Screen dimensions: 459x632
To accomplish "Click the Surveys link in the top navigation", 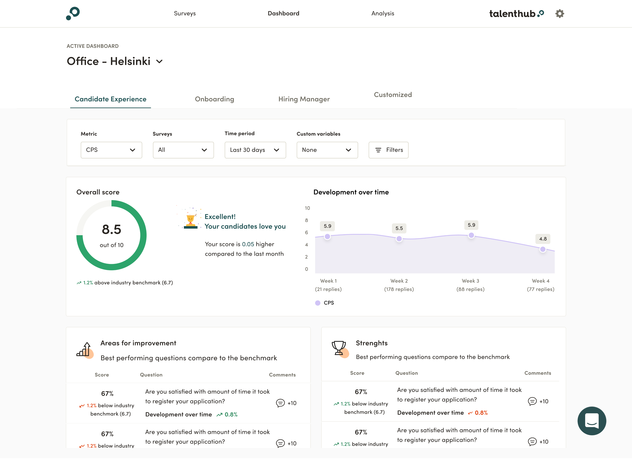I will (185, 13).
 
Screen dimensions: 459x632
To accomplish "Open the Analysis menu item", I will (383, 13).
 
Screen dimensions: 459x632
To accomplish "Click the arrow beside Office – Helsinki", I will (159, 62).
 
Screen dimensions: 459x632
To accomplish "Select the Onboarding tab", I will (214, 99).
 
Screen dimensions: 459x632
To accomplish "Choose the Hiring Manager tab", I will (304, 99).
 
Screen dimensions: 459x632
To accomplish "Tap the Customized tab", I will (393, 95).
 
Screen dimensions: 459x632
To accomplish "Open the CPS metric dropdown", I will (111, 150).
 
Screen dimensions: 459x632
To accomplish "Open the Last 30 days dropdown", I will (255, 150).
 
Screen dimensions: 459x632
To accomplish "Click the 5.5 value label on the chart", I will (399, 228).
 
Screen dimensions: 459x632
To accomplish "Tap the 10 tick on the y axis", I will (307, 208).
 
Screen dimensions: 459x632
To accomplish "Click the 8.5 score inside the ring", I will (111, 230).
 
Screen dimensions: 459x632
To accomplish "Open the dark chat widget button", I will (592, 421).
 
